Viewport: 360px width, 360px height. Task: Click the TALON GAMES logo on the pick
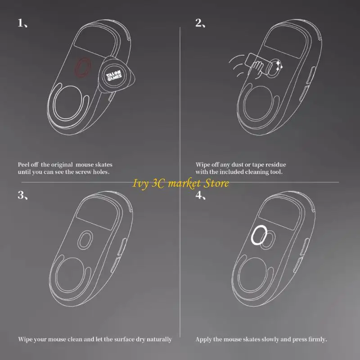[114, 76]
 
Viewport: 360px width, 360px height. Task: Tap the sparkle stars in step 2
[279, 65]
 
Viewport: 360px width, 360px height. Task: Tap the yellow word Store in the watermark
[216, 183]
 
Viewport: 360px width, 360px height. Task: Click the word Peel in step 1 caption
[23, 165]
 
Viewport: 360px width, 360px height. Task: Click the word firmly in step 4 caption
[318, 339]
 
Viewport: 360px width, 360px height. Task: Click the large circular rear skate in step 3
[56, 274]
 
